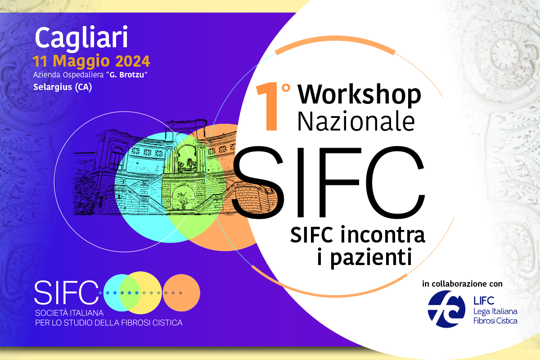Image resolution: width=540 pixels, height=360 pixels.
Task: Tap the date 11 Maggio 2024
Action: tap(91, 61)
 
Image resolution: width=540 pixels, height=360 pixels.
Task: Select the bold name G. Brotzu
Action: tap(127, 75)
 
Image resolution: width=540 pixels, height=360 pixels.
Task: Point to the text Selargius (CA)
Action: tap(63, 87)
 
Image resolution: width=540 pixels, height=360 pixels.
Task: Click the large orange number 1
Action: tap(268, 106)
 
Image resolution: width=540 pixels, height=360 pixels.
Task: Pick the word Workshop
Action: tap(360, 94)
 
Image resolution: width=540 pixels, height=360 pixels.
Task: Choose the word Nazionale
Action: tap(356, 121)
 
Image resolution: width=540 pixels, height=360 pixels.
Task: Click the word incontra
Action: tap(382, 235)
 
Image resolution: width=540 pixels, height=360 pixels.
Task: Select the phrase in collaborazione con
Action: tap(462, 284)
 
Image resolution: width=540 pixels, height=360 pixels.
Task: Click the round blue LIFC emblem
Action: tap(446, 309)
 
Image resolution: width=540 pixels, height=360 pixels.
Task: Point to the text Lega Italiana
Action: tap(495, 311)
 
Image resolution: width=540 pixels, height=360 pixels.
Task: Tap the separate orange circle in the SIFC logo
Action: tap(181, 293)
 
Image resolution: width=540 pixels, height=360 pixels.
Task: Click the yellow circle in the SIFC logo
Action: tap(140, 293)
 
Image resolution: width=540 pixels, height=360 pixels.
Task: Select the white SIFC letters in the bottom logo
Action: tap(67, 292)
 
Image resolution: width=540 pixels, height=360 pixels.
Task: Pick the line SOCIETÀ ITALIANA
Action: tap(69, 313)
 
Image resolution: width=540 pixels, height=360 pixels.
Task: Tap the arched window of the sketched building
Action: tap(117, 158)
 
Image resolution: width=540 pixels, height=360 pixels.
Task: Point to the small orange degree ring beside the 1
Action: tap(286, 88)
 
